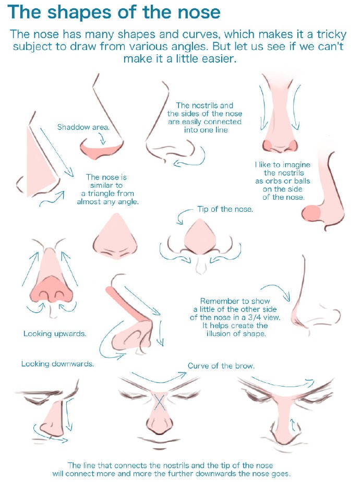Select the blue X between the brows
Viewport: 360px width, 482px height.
(160, 402)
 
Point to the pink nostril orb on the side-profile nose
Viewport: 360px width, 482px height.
(311, 213)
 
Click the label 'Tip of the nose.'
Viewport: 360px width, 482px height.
(225, 209)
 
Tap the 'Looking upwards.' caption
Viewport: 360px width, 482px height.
(55, 333)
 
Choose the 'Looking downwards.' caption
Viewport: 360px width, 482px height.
(57, 364)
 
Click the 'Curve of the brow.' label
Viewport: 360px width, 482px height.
(221, 366)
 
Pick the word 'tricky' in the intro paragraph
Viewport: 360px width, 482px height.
(332, 34)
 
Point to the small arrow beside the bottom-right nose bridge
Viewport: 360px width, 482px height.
(293, 426)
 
